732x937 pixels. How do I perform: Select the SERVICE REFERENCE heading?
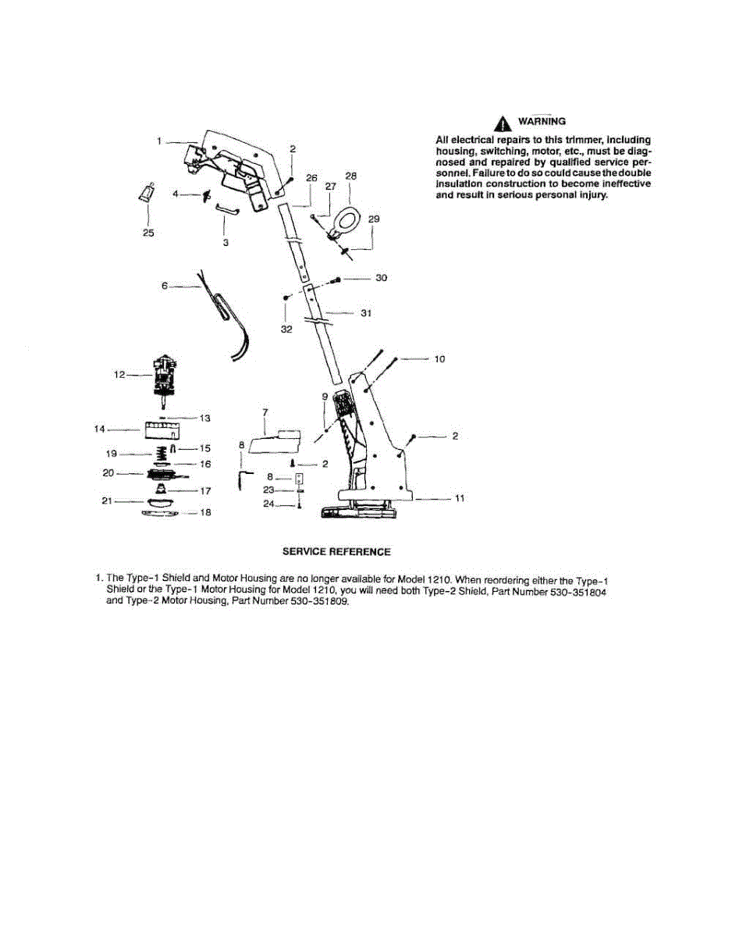tap(336, 552)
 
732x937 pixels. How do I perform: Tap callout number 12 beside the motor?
tap(119, 375)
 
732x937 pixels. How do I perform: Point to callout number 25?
tap(148, 233)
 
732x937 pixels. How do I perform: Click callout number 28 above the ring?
tap(350, 176)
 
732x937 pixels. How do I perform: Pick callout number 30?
tap(382, 278)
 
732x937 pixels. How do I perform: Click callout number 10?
tap(439, 359)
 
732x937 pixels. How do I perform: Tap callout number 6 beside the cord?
tap(164, 287)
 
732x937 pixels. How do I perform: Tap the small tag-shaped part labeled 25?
tap(146, 192)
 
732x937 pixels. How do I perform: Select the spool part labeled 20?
tap(164, 473)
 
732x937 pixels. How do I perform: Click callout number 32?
tap(286, 330)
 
